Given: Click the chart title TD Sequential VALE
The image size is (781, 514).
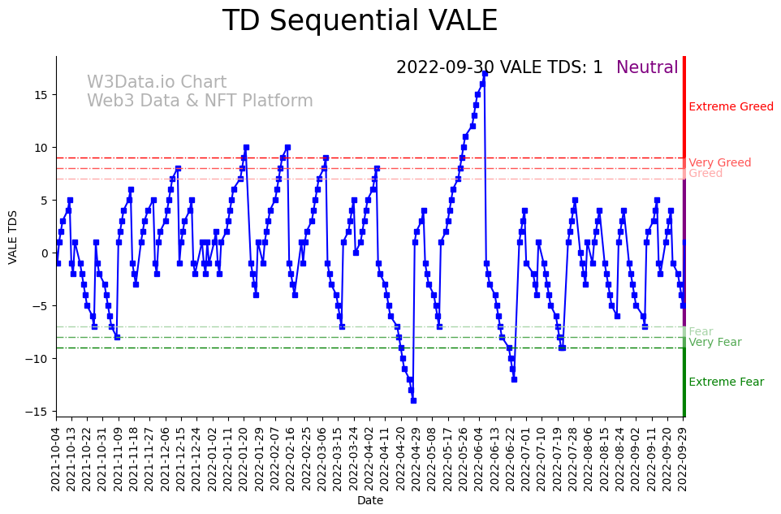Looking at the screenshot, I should pyautogui.click(x=360, y=21).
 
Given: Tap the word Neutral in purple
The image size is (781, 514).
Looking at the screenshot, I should pyautogui.click(x=647, y=67).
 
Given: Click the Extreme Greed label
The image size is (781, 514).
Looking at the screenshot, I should pyautogui.click(x=731, y=107).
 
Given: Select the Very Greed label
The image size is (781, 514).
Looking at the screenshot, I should pyautogui.click(x=719, y=163).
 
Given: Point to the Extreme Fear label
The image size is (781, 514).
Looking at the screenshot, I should pyautogui.click(x=726, y=382).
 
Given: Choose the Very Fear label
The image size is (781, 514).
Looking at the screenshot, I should pyautogui.click(x=714, y=343).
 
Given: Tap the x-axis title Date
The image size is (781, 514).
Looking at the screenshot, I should pyautogui.click(x=370, y=501).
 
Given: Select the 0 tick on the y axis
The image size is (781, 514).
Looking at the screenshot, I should pyautogui.click(x=45, y=253).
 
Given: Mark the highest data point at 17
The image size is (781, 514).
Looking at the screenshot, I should pyautogui.click(x=485, y=73).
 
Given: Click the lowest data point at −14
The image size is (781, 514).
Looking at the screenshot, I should pyautogui.click(x=413, y=400).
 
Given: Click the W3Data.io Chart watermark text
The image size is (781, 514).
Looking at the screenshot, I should pyautogui.click(x=157, y=83).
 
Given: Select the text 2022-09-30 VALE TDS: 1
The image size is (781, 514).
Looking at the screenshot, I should pyautogui.click(x=499, y=67).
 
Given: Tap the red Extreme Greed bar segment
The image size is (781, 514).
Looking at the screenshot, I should pyautogui.click(x=684, y=114).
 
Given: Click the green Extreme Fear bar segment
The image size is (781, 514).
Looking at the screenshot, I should pyautogui.click(x=684, y=382).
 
